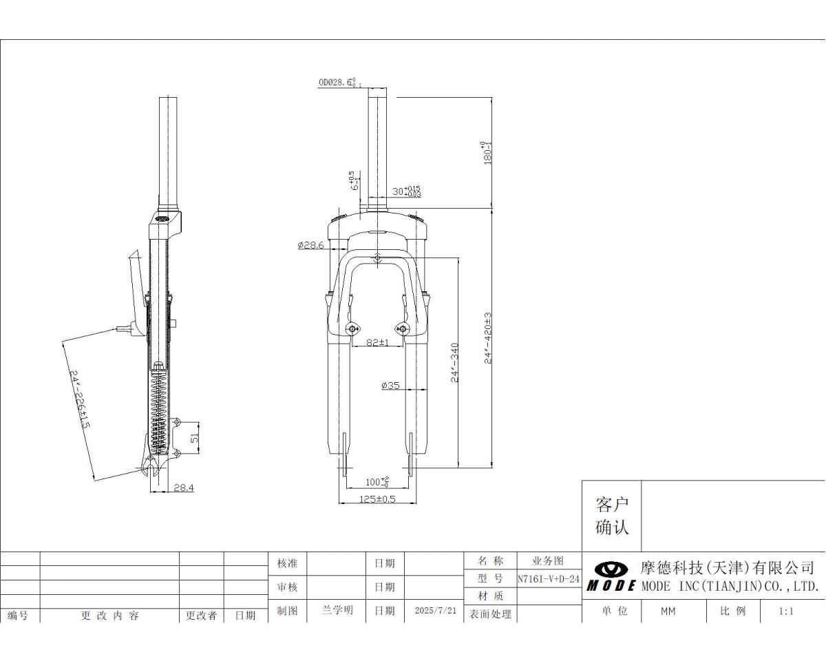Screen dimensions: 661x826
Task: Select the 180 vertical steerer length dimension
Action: pyautogui.click(x=488, y=151)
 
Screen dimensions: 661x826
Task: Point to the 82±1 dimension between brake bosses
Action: pyautogui.click(x=377, y=342)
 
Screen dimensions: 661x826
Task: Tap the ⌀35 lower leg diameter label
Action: pyautogui.click(x=390, y=386)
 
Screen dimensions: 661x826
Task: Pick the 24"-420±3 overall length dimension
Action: pyautogui.click(x=488, y=337)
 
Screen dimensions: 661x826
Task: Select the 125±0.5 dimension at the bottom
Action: pyautogui.click(x=377, y=499)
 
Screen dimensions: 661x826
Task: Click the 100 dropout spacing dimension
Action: pyautogui.click(x=377, y=481)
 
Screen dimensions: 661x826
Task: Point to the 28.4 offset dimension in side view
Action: pyautogui.click(x=183, y=487)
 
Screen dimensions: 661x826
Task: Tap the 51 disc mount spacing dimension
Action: pyautogui.click(x=195, y=437)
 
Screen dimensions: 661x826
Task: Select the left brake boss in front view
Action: pyautogui.click(x=353, y=328)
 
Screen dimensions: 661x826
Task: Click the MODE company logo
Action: pyautogui.click(x=611, y=576)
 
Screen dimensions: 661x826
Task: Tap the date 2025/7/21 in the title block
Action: pyautogui.click(x=436, y=611)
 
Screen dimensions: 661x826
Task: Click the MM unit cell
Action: pyautogui.click(x=668, y=611)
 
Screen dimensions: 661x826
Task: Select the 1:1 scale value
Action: pyautogui.click(x=786, y=611)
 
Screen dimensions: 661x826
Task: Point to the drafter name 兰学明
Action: pyautogui.click(x=337, y=611)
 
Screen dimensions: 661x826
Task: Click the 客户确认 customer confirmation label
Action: pyautogui.click(x=611, y=516)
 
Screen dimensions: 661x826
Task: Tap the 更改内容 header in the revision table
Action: pyautogui.click(x=110, y=616)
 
